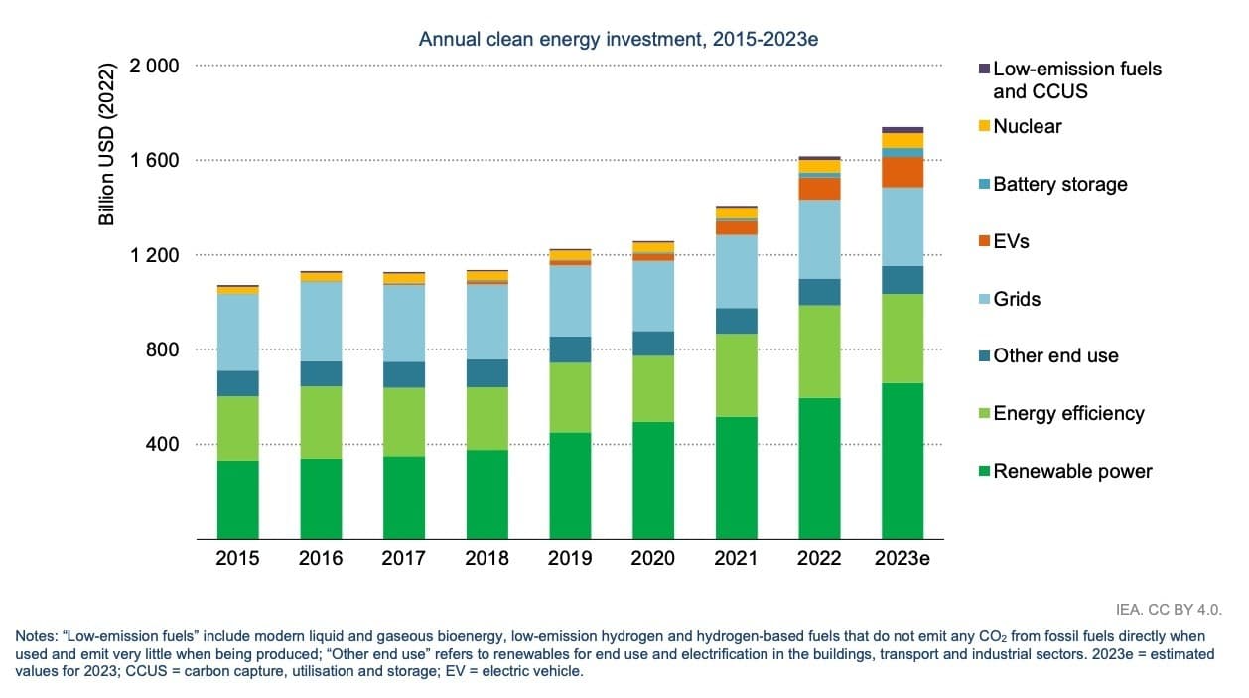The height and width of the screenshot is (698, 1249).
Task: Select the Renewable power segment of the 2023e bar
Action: [x=902, y=461]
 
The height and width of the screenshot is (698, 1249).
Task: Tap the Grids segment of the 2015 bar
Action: [x=237, y=333]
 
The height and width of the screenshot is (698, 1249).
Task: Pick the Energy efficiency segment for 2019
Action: [x=570, y=398]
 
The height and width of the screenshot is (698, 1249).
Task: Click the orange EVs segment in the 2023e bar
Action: [x=902, y=173]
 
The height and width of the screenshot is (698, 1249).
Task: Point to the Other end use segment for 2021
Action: [x=736, y=321]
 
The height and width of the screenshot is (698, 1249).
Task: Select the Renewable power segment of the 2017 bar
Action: [x=404, y=497]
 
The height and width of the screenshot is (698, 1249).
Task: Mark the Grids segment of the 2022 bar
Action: [x=819, y=239]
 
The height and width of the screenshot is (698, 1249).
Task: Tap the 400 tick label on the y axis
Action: [x=162, y=444]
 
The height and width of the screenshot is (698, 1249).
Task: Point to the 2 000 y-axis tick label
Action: [x=153, y=67]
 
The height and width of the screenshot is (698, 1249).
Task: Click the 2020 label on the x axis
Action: [x=652, y=558]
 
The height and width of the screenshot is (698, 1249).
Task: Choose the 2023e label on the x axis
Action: [x=902, y=558]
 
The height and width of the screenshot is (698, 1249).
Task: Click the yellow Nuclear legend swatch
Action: [x=985, y=126]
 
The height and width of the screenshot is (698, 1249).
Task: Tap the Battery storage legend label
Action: [x=1059, y=184]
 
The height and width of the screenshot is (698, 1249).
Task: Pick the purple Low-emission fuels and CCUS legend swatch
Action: [x=985, y=69]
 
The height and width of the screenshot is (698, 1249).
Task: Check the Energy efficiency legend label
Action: [x=1068, y=413]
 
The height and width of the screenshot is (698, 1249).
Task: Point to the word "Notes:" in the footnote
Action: [x=37, y=636]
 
